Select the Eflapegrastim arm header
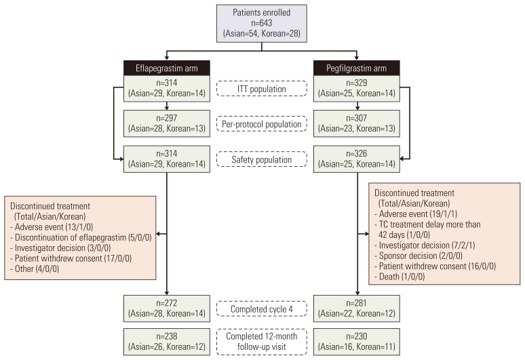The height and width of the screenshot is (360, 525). click(x=166, y=67)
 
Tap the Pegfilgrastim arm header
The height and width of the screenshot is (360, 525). click(x=356, y=67)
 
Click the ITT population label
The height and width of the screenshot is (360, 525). click(x=261, y=89)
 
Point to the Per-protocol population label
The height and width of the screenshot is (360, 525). click(x=261, y=125)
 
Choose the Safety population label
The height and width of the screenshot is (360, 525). click(x=261, y=161)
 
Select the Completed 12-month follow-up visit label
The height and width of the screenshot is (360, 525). click(x=261, y=342)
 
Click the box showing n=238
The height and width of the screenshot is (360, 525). click(x=166, y=342)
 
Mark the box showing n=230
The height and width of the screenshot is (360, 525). click(x=356, y=342)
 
